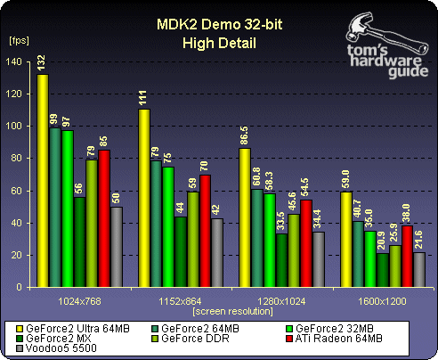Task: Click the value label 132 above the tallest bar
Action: (42, 63)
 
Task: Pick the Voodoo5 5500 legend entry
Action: (55, 348)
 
